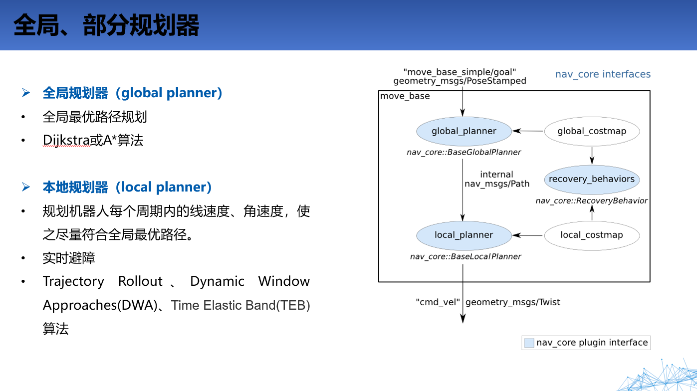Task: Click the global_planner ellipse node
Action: click(x=464, y=131)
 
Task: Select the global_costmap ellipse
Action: click(x=592, y=131)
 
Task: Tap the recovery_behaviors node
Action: click(x=592, y=179)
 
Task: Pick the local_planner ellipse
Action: click(x=464, y=235)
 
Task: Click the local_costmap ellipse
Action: click(x=592, y=235)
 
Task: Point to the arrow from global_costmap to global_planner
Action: click(x=527, y=131)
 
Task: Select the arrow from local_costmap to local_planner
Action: click(x=527, y=235)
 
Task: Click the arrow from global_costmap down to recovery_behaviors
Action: click(x=592, y=155)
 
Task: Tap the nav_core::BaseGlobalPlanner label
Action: click(x=464, y=152)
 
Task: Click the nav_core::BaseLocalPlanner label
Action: click(x=465, y=256)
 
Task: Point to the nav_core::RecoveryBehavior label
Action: click(x=592, y=200)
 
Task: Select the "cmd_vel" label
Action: click(x=437, y=302)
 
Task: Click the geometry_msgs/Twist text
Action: click(x=513, y=302)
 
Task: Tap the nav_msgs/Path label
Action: click(x=497, y=184)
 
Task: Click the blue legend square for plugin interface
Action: click(x=529, y=343)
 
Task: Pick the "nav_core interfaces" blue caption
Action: click(x=603, y=74)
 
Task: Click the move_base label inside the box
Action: click(x=405, y=96)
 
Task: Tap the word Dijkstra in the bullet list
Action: click(x=66, y=140)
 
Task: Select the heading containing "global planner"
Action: click(x=132, y=93)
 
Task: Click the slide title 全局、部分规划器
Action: click(x=106, y=25)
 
